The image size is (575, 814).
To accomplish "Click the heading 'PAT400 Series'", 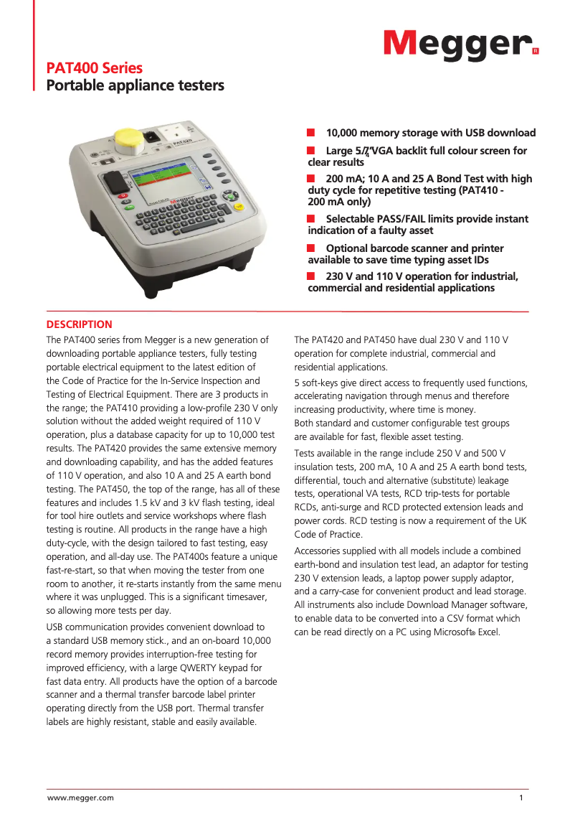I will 95,68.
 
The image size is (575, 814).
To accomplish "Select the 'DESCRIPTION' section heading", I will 80,324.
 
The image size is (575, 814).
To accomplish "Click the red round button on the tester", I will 123,195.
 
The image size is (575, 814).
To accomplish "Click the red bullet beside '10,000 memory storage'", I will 312,133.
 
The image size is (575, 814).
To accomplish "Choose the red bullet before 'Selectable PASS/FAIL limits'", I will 312,218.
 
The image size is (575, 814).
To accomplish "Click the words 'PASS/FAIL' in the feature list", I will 415,219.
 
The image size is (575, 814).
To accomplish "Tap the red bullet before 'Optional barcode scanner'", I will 312,248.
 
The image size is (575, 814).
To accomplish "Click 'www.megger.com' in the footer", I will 80,797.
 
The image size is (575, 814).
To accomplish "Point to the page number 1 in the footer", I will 521,797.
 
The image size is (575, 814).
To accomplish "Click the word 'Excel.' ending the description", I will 488,632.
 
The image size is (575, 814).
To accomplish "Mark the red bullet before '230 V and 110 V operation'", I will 312,276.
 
